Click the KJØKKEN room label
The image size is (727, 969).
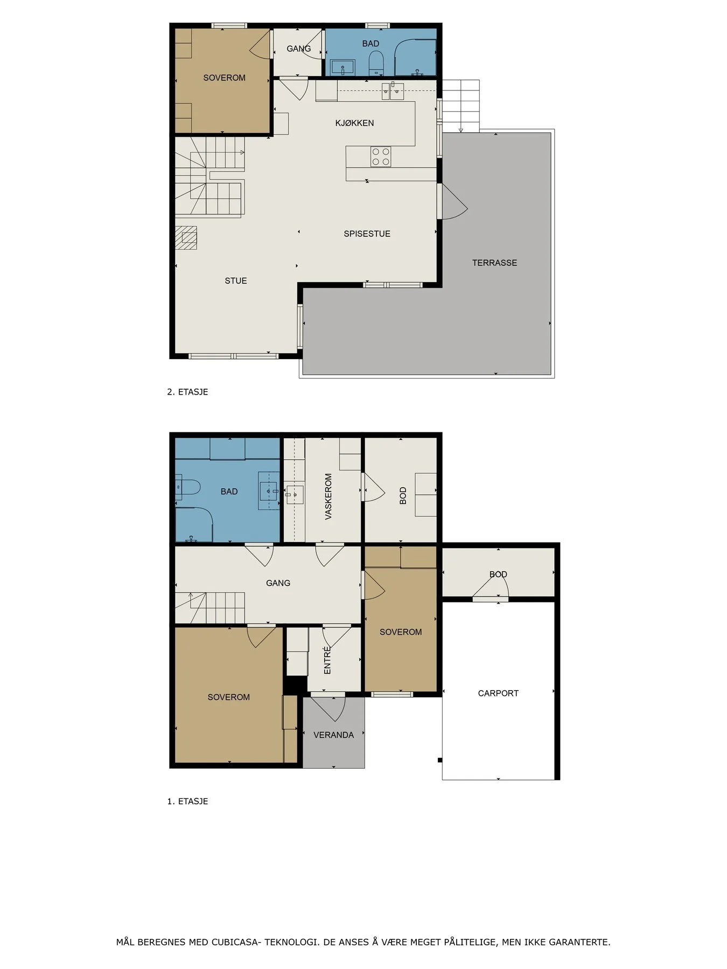tap(354, 123)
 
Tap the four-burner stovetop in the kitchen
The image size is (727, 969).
tap(381, 157)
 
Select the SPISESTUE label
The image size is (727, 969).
tap(367, 234)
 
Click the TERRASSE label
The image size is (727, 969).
tap(494, 263)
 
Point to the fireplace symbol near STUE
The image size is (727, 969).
tap(186, 237)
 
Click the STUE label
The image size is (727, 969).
tap(236, 280)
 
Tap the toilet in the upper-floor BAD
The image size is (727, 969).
tap(376, 63)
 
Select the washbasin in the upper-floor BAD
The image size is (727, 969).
tap(342, 67)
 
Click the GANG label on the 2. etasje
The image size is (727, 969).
tap(298, 48)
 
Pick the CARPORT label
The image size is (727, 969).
tap(498, 693)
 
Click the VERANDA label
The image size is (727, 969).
tap(333, 735)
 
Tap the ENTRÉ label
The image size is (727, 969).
tap(327, 661)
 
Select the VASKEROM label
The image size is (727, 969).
tap(328, 496)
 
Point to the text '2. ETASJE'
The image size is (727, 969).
tap(187, 392)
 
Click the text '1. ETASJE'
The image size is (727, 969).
tap(187, 801)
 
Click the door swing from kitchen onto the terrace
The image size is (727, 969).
tap(452, 201)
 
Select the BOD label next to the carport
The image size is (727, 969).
tap(498, 574)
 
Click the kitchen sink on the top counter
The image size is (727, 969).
tap(393, 92)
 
